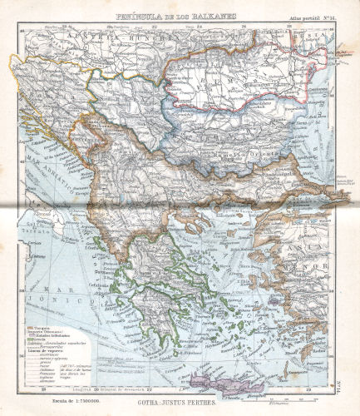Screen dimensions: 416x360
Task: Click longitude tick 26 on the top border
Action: (244, 27)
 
